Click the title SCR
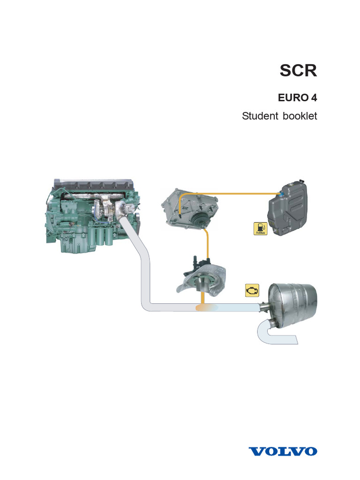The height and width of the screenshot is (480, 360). coord(298,71)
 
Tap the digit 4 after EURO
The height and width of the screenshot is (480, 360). coord(313,98)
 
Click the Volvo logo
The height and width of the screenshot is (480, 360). coord(283,451)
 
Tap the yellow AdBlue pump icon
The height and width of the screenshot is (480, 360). coord(260,228)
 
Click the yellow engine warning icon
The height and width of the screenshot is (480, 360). coord(252,291)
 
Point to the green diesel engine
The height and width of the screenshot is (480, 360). coord(84,216)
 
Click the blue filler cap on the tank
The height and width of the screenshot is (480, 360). coord(280,194)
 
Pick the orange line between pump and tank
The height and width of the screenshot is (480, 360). coord(234,192)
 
